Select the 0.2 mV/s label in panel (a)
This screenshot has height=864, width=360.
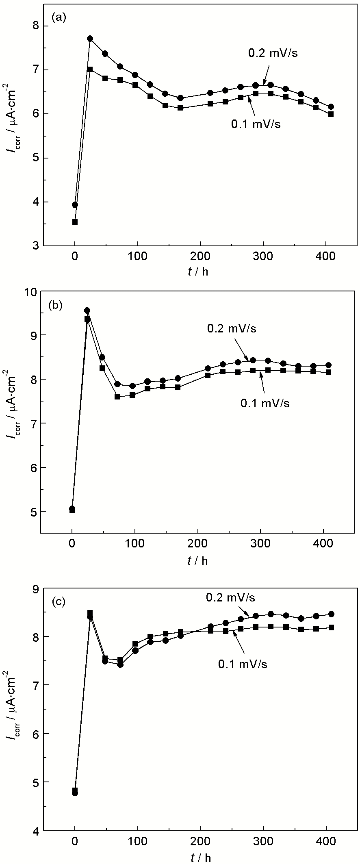[273, 53]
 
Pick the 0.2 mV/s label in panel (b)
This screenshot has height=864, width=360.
[232, 329]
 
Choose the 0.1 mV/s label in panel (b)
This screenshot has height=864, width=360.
[265, 404]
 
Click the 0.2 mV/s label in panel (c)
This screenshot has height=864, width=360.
[230, 597]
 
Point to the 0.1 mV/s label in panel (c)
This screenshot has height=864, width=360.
[243, 664]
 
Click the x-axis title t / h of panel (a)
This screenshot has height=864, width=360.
[197, 271]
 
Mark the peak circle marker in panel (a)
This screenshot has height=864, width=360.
[90, 39]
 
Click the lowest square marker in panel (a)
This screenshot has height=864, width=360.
[75, 222]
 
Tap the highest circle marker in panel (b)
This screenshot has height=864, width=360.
[87, 310]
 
